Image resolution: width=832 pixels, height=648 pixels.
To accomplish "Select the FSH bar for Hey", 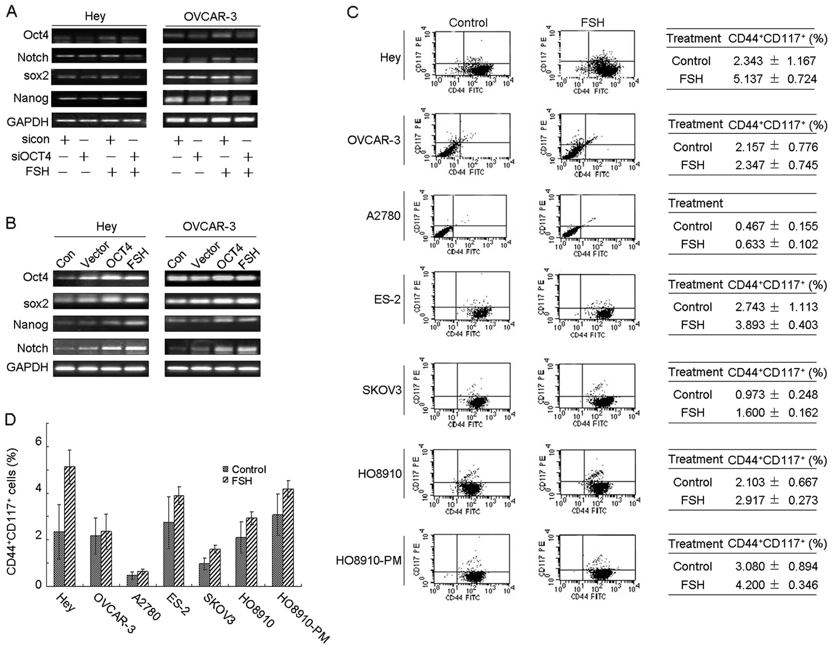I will click(70, 526).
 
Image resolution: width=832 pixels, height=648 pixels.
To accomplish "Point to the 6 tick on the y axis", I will click(39, 441).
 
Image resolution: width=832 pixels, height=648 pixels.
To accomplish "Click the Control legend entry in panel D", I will click(244, 469).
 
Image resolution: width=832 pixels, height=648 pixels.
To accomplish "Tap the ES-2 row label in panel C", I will click(387, 299).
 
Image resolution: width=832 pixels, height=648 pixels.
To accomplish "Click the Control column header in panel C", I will click(468, 23).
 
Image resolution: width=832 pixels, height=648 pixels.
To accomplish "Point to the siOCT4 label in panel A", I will click(31, 156).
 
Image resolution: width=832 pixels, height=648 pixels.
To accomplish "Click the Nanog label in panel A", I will click(31, 98).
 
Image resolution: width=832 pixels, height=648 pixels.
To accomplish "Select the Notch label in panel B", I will click(32, 348).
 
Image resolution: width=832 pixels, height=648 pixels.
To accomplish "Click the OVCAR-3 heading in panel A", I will click(210, 17).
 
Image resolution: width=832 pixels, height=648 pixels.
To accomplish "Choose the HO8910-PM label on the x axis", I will click(303, 617).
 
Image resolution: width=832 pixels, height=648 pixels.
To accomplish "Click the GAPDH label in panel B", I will click(28, 367).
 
